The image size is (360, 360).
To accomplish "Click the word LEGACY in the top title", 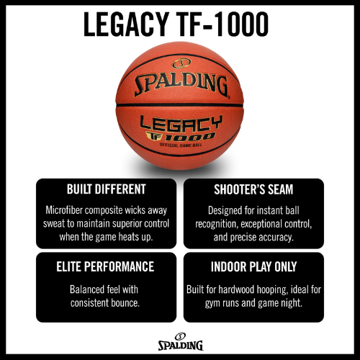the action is pyautogui.click(x=125, y=24).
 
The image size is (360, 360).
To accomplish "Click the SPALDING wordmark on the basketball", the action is pyautogui.click(x=181, y=85).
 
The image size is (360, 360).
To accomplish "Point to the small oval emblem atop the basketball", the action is pyautogui.click(x=181, y=63).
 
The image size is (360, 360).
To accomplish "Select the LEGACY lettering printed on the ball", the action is pyautogui.click(x=181, y=123).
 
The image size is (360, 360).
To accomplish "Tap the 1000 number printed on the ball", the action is pyautogui.click(x=189, y=137).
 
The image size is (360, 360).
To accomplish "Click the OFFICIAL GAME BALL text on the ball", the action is pyautogui.click(x=181, y=145).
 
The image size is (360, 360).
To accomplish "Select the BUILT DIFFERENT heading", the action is pyautogui.click(x=107, y=189).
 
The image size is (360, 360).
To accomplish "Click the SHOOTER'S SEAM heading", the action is pyautogui.click(x=253, y=189).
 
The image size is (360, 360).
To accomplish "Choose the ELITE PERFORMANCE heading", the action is pyautogui.click(x=105, y=266).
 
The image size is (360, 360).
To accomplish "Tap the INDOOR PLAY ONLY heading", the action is pyautogui.click(x=254, y=266).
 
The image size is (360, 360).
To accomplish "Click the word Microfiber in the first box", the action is pyautogui.click(x=64, y=210).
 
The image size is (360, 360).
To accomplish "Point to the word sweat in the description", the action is pyautogui.click(x=54, y=224).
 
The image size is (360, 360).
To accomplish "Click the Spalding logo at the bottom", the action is pyautogui.click(x=181, y=342).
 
